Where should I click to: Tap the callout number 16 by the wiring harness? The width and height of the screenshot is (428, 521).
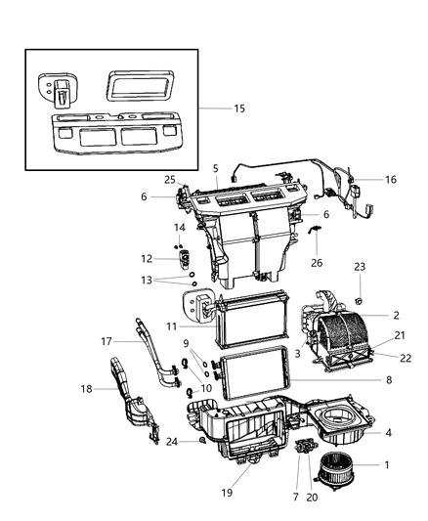point(391,180)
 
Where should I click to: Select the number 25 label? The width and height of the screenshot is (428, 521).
point(169,180)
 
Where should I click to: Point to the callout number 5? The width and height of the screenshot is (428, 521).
point(215,168)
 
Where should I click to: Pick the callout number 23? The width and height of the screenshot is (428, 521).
point(359,266)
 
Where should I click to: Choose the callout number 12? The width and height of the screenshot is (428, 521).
point(147,259)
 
